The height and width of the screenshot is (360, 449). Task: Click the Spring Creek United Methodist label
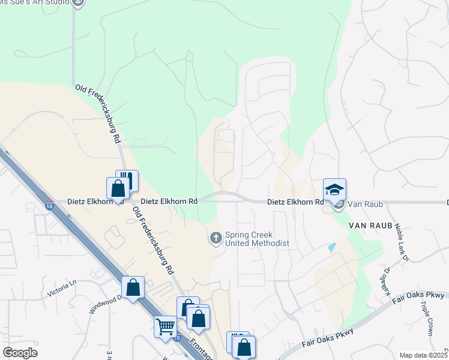[257, 239]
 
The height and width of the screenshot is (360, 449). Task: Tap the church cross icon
[216, 239]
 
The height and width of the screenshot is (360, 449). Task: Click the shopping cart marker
[165, 327]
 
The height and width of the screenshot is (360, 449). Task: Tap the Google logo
[20, 353]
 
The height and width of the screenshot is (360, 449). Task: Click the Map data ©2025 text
[423, 355]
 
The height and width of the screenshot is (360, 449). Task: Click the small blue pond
[332, 247]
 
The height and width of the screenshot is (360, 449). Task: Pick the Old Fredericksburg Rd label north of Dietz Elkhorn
[99, 112]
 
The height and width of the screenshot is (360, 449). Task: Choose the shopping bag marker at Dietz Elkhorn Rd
[118, 188]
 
